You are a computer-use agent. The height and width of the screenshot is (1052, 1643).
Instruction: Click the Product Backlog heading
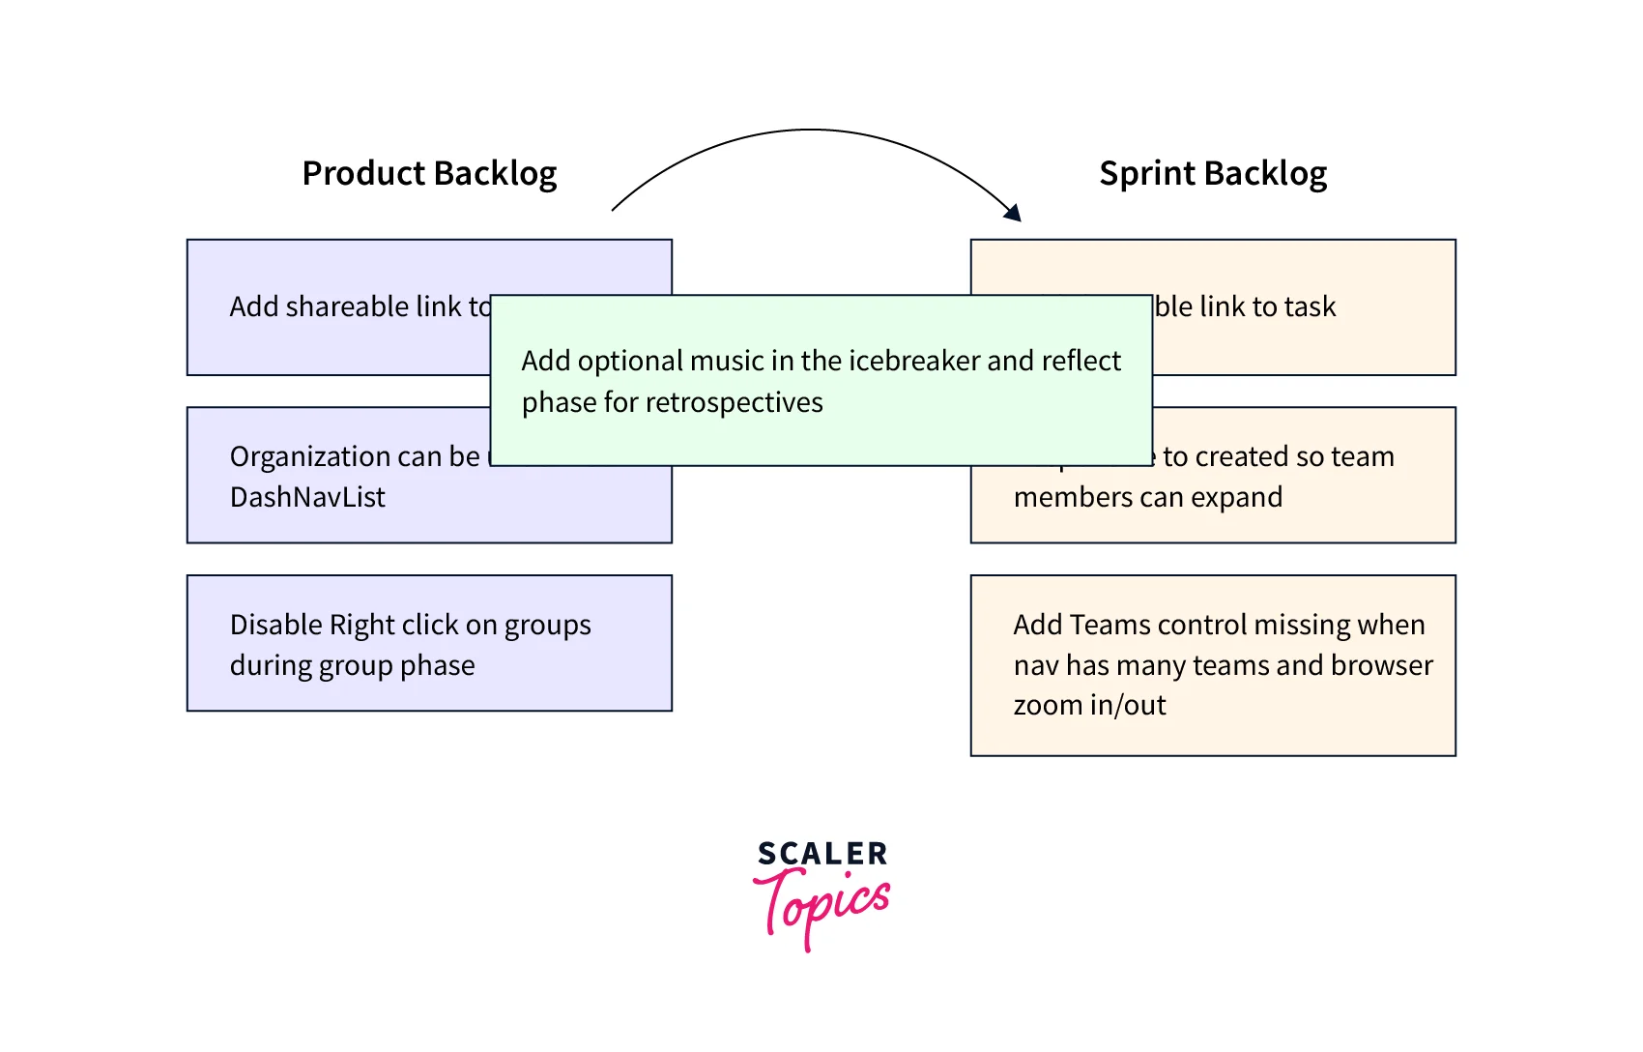[429, 174]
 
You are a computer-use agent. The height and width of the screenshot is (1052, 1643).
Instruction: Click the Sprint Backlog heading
[1213, 174]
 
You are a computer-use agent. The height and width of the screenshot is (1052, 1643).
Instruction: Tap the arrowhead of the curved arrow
[1014, 214]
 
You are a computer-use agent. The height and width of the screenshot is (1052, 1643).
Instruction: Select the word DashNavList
[307, 497]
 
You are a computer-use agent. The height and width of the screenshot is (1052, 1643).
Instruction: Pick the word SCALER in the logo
[821, 854]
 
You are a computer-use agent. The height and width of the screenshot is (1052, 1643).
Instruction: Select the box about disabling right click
[429, 643]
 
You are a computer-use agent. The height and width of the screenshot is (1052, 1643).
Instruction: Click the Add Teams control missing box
[1213, 665]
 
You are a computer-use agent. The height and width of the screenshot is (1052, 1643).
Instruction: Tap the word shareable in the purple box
[347, 307]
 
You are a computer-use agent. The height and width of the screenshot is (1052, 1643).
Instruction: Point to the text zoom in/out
[1089, 706]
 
